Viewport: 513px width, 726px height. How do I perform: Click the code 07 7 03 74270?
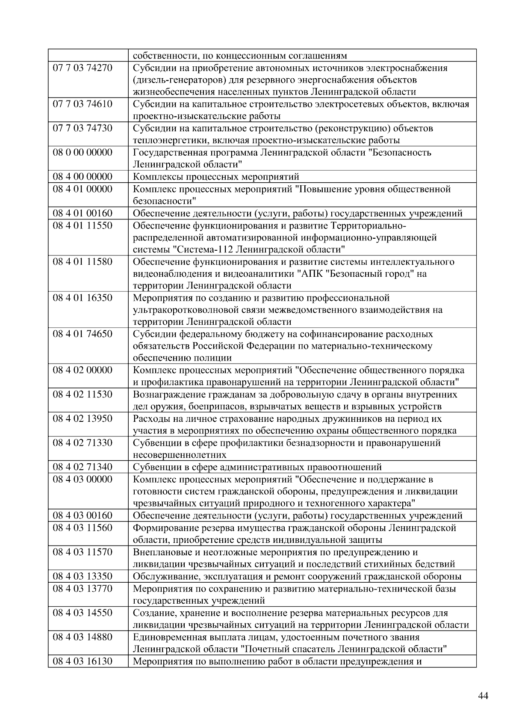click(x=82, y=68)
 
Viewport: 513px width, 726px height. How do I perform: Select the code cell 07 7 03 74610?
click(x=82, y=104)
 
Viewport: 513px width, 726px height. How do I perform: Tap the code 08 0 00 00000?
click(x=82, y=153)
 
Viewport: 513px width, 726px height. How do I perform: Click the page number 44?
click(x=483, y=696)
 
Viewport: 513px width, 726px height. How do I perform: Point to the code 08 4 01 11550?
click(x=82, y=225)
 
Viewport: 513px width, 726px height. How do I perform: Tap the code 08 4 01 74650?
click(x=82, y=334)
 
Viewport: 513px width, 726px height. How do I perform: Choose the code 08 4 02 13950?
click(x=82, y=419)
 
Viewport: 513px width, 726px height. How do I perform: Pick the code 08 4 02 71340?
click(x=82, y=467)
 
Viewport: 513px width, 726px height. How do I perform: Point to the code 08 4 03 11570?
click(x=82, y=552)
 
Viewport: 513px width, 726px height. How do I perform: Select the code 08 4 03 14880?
click(x=82, y=637)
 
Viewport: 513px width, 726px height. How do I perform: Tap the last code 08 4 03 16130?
click(x=82, y=661)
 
